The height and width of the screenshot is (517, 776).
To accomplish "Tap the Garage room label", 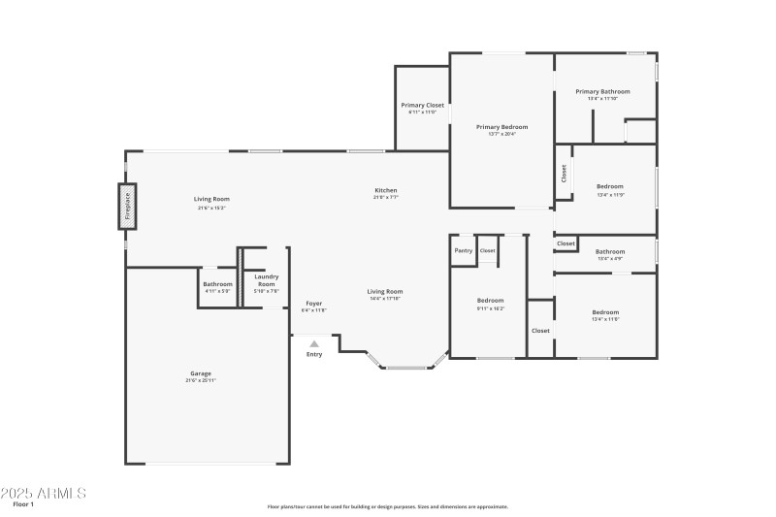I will [201, 373].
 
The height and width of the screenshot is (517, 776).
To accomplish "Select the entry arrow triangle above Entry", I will [313, 343].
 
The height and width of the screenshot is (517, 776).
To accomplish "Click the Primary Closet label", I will [422, 105].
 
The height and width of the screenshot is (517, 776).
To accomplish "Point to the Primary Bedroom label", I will [501, 127].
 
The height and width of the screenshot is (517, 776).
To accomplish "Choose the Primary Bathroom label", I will [609, 91].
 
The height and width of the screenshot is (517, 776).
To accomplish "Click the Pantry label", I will [464, 250].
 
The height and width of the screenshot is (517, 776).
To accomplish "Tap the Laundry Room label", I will [266, 280].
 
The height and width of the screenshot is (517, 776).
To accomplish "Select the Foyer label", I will [314, 304].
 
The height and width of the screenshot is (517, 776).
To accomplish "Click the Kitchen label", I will [386, 190].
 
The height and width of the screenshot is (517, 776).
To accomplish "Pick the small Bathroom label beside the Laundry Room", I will [217, 284].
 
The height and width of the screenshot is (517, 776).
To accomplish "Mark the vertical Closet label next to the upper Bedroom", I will [564, 174].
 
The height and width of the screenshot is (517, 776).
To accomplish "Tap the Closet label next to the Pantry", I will [487, 250].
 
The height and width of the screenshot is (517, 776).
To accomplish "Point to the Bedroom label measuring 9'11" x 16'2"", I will [490, 301].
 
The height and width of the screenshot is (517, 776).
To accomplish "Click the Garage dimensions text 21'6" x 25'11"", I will [201, 380].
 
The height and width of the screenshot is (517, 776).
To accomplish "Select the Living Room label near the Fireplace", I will [211, 200].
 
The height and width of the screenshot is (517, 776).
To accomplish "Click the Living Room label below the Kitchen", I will [385, 291].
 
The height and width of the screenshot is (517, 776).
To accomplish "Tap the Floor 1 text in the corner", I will [23, 505].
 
